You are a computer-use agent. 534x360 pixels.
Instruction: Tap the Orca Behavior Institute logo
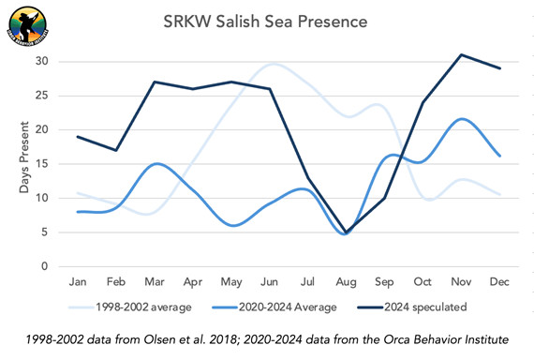(x=29, y=25)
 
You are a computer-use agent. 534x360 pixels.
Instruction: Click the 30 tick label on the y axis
(x=42, y=62)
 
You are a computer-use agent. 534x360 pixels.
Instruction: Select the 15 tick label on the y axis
(x=42, y=164)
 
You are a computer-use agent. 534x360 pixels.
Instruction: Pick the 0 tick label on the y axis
(x=45, y=266)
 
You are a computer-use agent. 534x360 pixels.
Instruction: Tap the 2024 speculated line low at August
(x=347, y=232)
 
